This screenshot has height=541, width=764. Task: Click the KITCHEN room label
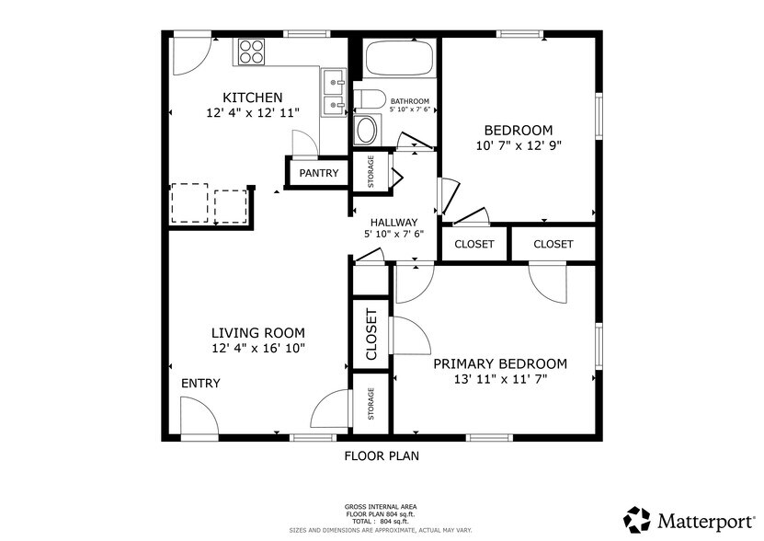252,98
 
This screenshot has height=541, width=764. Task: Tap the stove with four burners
251,52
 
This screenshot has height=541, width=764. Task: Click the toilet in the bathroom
369,99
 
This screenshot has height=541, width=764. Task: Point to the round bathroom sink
366,130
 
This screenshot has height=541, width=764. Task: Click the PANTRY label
318,173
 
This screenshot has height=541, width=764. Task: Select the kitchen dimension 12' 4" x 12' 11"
252,113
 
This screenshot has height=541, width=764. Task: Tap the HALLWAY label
393,222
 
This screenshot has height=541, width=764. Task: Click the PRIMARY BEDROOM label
500,363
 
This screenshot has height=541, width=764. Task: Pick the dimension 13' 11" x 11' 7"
500,378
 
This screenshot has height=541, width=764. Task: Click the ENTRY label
200,383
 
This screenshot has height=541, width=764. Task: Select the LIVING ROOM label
257,333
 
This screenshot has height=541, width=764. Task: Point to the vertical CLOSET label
371,335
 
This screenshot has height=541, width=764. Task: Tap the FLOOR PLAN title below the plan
382,455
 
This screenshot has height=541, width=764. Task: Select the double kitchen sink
333,93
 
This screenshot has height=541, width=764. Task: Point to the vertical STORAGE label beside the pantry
371,172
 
